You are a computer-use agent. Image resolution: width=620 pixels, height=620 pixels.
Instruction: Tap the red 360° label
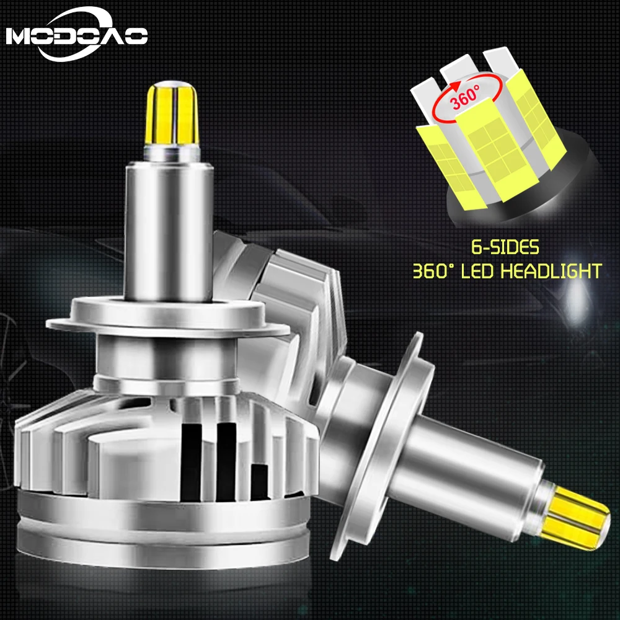pos(466,97)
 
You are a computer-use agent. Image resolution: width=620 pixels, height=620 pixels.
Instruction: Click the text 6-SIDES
pos(505,247)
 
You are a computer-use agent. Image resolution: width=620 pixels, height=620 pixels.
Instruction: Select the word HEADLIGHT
pos(551,272)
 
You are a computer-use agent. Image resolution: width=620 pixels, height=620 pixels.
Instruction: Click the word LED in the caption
pos(477,272)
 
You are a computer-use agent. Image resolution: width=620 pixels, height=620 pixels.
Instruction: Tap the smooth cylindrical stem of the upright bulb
pos(169,232)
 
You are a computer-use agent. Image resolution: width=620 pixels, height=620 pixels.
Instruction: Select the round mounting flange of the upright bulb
pos(167,316)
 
